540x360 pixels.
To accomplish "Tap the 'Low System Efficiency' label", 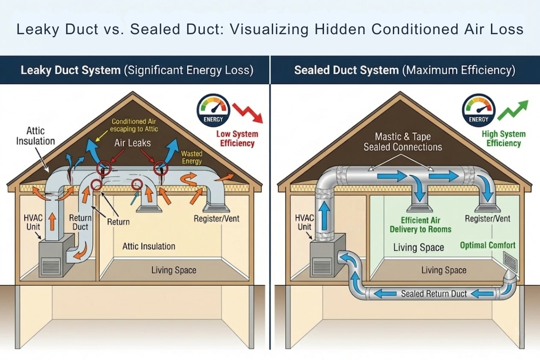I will (x=237, y=139).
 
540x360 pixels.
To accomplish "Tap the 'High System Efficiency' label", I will (x=504, y=139).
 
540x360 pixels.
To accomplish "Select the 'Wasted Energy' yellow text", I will (x=192, y=157).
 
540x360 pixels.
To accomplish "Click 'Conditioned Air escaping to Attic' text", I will (x=135, y=126).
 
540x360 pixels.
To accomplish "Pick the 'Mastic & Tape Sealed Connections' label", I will (x=403, y=141).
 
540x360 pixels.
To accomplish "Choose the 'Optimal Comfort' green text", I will (x=487, y=245).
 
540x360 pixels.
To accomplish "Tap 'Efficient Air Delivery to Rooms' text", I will (x=420, y=225).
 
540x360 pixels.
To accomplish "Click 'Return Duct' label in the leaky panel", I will (x=81, y=222).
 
